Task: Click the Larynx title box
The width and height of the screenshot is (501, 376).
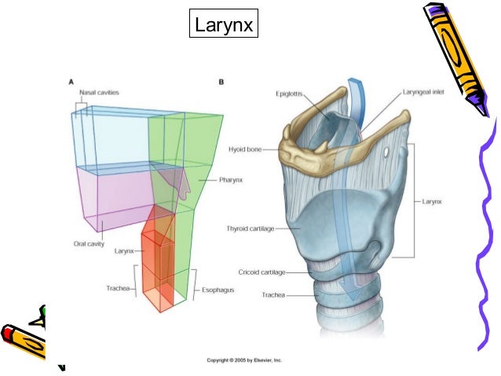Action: point(224,26)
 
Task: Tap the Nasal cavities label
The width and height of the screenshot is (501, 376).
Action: point(98,93)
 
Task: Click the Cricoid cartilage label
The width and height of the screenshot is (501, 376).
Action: point(262,272)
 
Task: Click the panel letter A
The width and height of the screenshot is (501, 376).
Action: point(71,81)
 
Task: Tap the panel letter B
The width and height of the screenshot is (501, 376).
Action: point(222,81)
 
